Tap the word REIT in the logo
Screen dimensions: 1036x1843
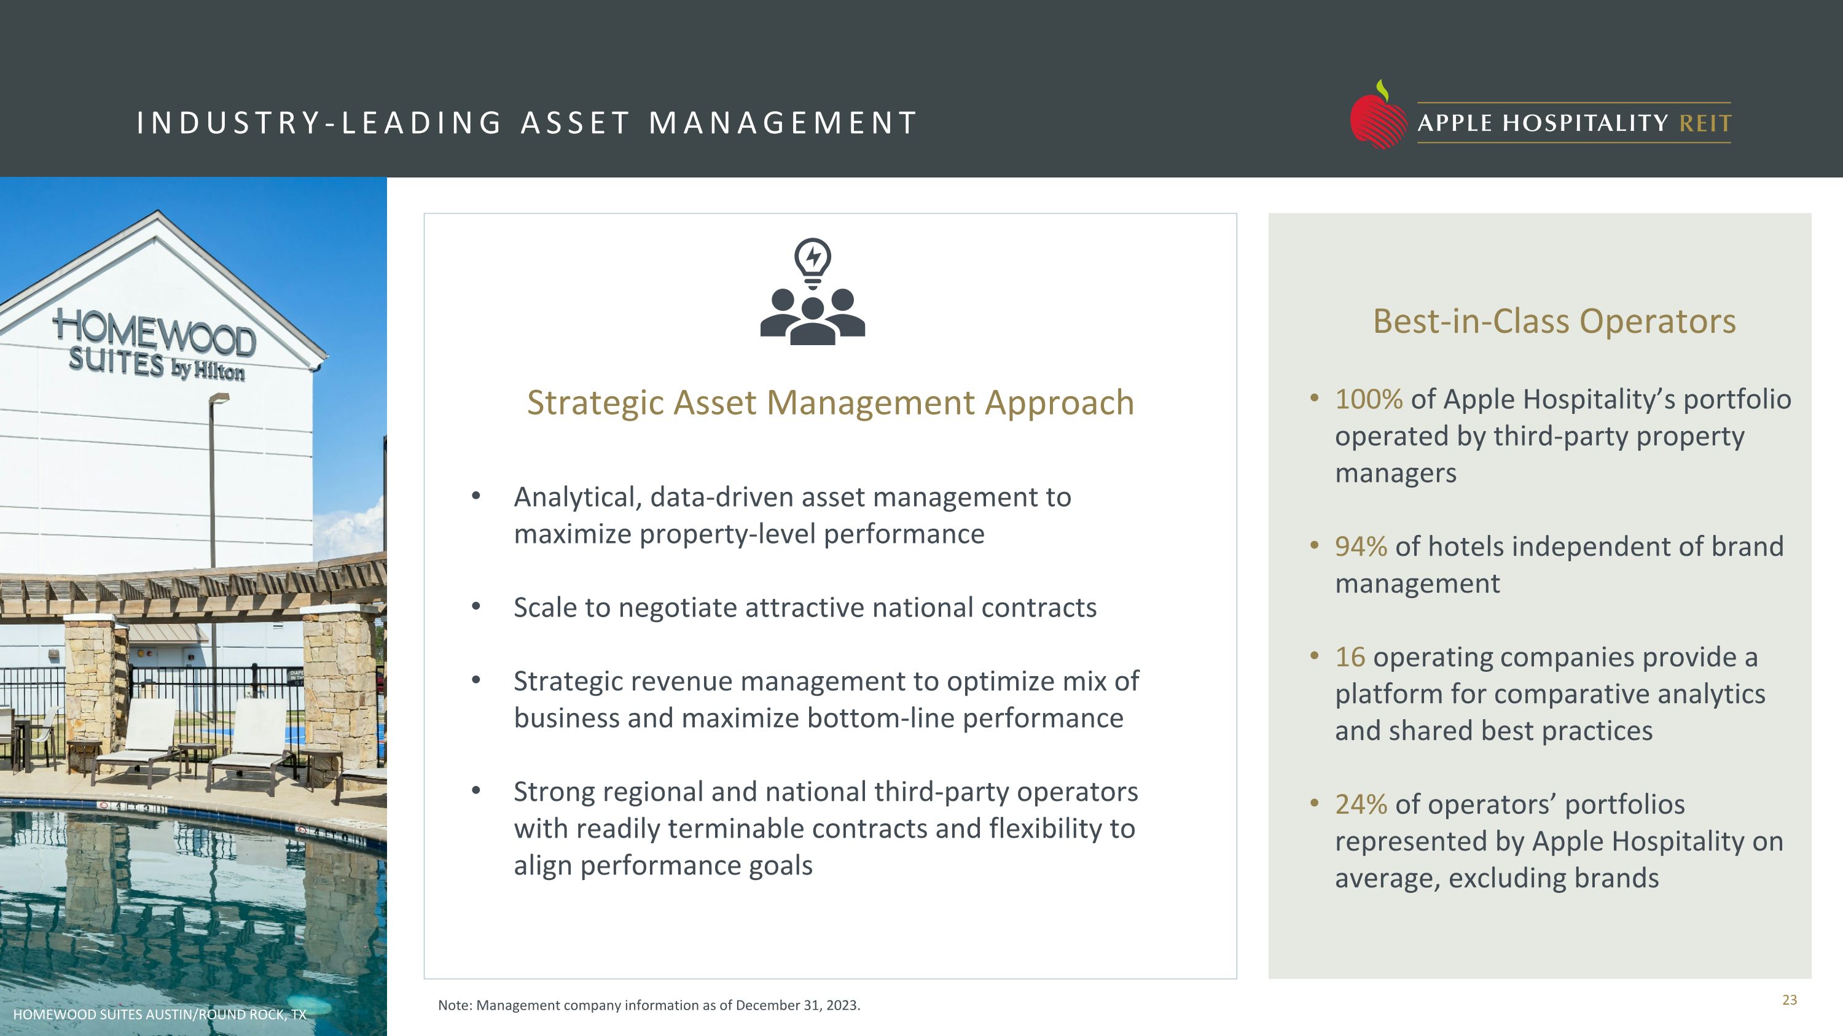1705,123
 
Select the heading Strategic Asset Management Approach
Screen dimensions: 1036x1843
830,402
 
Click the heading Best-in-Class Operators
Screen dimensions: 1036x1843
1554,321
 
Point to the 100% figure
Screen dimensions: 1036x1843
1368,399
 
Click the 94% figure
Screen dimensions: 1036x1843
1360,546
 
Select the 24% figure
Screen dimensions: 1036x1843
1360,804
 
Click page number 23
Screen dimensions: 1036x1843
1790,1000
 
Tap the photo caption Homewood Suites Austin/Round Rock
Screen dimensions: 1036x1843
159,1014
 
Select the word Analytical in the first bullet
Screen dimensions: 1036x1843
577,497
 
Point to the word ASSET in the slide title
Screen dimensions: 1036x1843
575,123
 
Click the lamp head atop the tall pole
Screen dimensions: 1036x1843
220,398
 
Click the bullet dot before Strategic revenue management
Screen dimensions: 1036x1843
475,680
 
